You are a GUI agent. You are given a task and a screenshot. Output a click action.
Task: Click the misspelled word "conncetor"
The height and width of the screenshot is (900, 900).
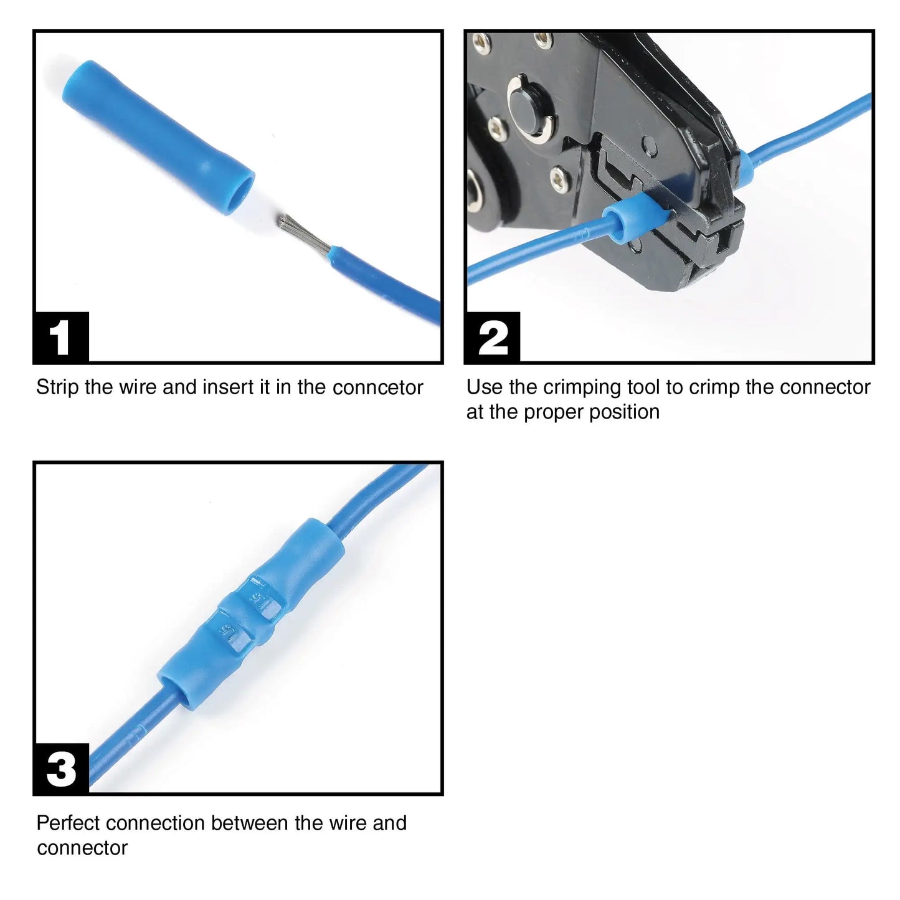tap(377, 387)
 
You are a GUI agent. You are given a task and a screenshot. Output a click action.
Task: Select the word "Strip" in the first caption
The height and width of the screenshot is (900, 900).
tap(57, 387)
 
